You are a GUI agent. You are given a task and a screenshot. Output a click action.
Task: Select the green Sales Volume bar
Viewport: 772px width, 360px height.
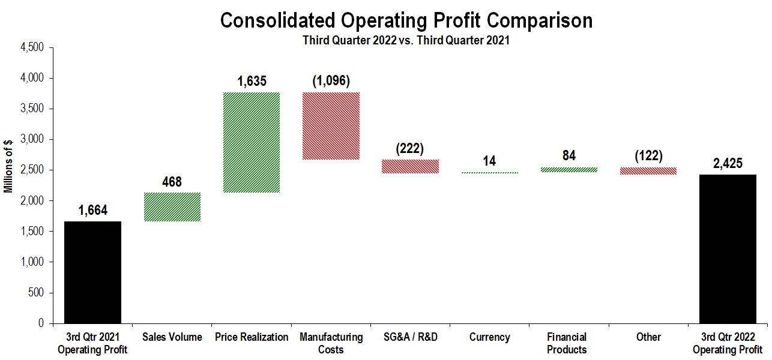coord(172,207)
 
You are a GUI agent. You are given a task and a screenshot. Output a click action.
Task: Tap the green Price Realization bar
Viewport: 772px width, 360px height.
coord(251,142)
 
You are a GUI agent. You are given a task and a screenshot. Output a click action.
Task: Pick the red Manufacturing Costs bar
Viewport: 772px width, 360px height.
coord(331,126)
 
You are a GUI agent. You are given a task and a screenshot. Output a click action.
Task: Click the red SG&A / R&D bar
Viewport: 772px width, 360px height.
coord(410,166)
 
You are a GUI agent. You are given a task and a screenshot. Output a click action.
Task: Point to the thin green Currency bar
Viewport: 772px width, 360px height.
coord(489,173)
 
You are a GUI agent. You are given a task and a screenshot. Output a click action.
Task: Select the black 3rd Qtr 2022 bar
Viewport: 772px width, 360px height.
coord(728,248)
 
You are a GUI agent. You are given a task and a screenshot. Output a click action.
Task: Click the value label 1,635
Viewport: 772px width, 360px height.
coord(252,81)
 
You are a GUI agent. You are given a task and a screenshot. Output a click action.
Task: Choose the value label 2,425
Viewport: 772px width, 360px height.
coord(728,163)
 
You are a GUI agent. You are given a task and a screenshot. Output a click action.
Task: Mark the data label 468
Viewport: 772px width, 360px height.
coord(172,181)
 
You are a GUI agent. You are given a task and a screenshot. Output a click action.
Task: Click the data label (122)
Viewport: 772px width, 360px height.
coord(648,156)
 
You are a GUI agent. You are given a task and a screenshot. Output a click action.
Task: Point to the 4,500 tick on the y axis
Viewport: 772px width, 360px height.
coord(32,47)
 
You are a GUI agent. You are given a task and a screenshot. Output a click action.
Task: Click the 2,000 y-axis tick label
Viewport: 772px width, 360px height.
coord(32,201)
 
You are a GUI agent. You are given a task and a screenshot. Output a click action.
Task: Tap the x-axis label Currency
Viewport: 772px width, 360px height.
coord(489,337)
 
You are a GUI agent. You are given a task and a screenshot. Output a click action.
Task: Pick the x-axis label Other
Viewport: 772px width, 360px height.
coord(648,337)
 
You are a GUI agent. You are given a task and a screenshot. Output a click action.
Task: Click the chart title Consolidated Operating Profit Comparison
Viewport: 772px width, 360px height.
coord(406,20)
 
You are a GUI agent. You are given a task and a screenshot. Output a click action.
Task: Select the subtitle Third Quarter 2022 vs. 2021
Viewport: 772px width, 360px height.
coord(406,41)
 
